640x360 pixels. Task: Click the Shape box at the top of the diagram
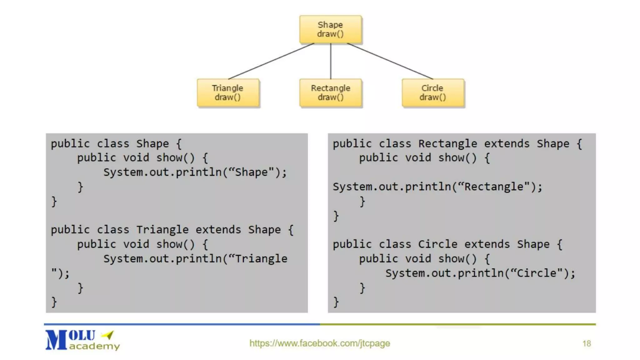[330, 29]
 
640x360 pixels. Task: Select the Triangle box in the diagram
[228, 93]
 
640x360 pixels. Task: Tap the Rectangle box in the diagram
[330, 93]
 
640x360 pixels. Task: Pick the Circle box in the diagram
[433, 93]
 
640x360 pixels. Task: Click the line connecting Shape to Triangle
[271, 61]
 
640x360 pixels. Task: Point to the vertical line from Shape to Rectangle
[331, 61]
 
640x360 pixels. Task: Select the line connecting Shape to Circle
[390, 61]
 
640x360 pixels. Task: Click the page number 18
[587, 343]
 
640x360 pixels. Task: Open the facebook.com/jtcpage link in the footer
[319, 343]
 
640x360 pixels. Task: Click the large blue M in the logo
[56, 340]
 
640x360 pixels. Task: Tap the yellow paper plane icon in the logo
[108, 335]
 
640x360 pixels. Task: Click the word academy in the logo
[94, 346]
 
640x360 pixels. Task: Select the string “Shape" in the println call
[254, 172]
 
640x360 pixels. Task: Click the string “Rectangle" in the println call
[493, 187]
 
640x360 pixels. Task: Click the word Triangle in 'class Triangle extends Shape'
[162, 230]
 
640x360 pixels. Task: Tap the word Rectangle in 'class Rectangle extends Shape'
[447, 144]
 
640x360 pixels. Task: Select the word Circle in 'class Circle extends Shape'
[437, 244]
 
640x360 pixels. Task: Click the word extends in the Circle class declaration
[487, 244]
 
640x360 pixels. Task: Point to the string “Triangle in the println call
[258, 259]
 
